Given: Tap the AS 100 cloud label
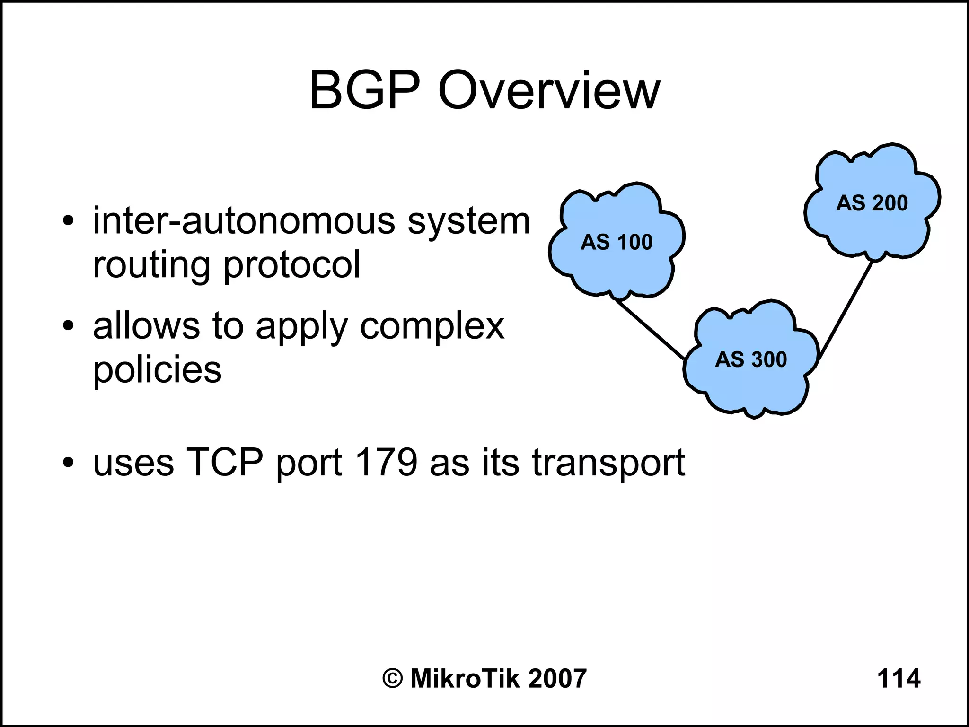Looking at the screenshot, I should pos(617,242).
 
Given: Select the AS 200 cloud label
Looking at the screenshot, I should pos(872,203).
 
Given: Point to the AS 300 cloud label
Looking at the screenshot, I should pos(751,359).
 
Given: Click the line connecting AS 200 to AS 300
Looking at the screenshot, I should pos(846,309).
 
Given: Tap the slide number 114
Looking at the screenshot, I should pos(899,678).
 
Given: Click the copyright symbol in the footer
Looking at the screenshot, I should pos(393,679).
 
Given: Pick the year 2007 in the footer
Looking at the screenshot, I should pos(557,678).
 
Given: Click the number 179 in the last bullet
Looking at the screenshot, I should pos(386,462).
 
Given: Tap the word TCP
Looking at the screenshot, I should pos(225,462).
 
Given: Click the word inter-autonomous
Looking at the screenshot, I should pos(244,221).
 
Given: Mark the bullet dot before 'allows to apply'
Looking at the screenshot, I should pos(69,326).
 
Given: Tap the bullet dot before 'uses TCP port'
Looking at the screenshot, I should pos(69,462).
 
